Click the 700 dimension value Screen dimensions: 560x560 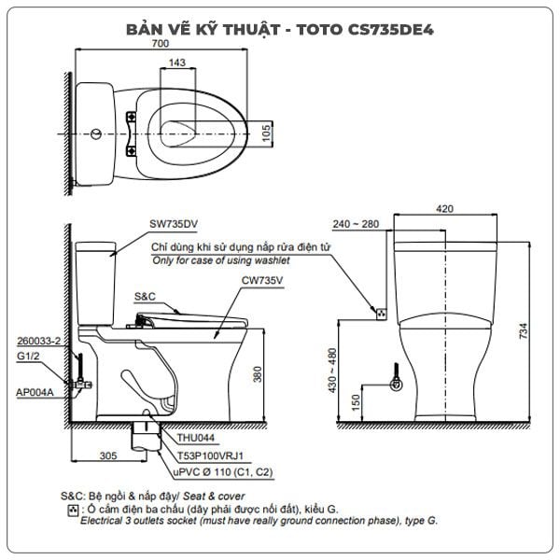(161, 43)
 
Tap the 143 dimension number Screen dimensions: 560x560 (177, 63)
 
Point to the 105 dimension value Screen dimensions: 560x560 (266, 133)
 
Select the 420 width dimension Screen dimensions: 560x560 (444, 208)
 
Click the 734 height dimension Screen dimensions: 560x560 (523, 330)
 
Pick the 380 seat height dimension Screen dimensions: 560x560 (258, 374)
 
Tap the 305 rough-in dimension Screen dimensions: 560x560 (108, 455)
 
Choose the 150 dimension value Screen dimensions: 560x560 (356, 402)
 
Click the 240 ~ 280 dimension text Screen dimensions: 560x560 (356, 224)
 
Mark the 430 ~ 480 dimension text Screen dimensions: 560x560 (332, 371)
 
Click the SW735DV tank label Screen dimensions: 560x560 (174, 224)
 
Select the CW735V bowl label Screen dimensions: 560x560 (262, 280)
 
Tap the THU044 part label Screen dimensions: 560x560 (196, 438)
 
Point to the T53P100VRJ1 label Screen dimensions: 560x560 (210, 455)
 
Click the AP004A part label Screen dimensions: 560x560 (35, 392)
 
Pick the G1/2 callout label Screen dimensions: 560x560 (28, 356)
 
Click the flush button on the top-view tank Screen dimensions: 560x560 (96, 134)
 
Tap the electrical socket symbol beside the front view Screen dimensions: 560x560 (382, 314)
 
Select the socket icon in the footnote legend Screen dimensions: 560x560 (73, 511)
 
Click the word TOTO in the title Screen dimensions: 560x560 (319, 30)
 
